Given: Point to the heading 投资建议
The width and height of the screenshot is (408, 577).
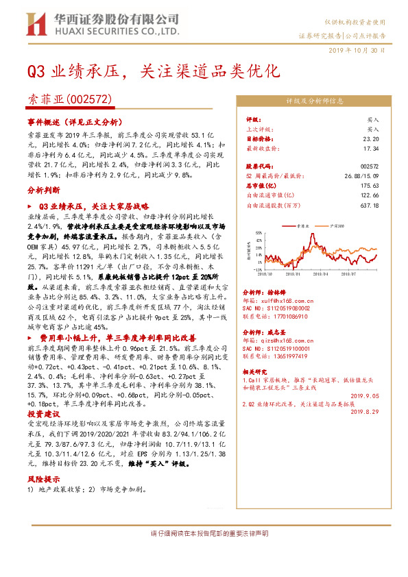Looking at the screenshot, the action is [x=43, y=415].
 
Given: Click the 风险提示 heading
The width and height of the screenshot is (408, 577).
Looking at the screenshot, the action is [x=43, y=480].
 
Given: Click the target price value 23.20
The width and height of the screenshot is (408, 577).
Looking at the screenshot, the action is [x=371, y=138].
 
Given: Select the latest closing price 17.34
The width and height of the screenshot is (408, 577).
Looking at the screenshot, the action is [x=371, y=147].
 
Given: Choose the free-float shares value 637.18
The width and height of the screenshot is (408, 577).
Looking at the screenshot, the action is [x=370, y=205].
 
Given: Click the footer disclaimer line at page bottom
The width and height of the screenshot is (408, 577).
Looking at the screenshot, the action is [x=204, y=533].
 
